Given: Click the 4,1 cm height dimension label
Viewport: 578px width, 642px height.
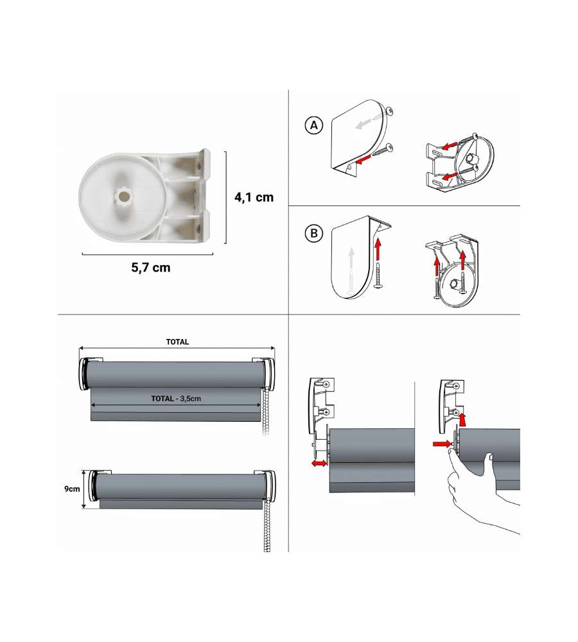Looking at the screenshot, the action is point(254,197).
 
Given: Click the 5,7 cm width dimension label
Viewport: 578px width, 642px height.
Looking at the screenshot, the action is point(151,268).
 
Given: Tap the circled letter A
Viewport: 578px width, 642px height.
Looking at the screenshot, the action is point(314,125).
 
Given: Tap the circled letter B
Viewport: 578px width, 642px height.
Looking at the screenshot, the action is point(314,234).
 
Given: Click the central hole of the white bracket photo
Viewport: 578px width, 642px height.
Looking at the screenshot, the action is point(123,196).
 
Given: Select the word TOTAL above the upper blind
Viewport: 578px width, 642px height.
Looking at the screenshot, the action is point(177,342).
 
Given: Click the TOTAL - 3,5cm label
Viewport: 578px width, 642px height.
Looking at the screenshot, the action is point(176,399).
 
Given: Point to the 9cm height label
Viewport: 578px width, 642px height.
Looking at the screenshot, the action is point(72,489).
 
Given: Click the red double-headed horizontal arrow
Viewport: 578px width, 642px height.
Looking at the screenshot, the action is point(320,463).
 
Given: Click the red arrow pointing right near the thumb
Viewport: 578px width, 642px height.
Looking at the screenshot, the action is point(442,444).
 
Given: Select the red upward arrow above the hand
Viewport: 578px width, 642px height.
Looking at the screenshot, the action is point(462,419).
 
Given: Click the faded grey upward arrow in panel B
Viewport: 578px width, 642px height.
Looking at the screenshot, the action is point(351,257).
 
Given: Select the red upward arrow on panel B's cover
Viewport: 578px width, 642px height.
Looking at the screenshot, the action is point(378,250).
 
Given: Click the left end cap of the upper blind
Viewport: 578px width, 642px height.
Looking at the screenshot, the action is point(84,375).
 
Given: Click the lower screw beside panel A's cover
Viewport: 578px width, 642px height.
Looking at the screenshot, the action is point(383,150).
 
